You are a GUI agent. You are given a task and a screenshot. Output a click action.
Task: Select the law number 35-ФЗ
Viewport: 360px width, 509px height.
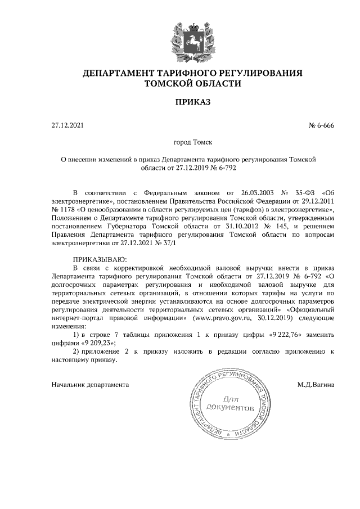click(306, 193)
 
